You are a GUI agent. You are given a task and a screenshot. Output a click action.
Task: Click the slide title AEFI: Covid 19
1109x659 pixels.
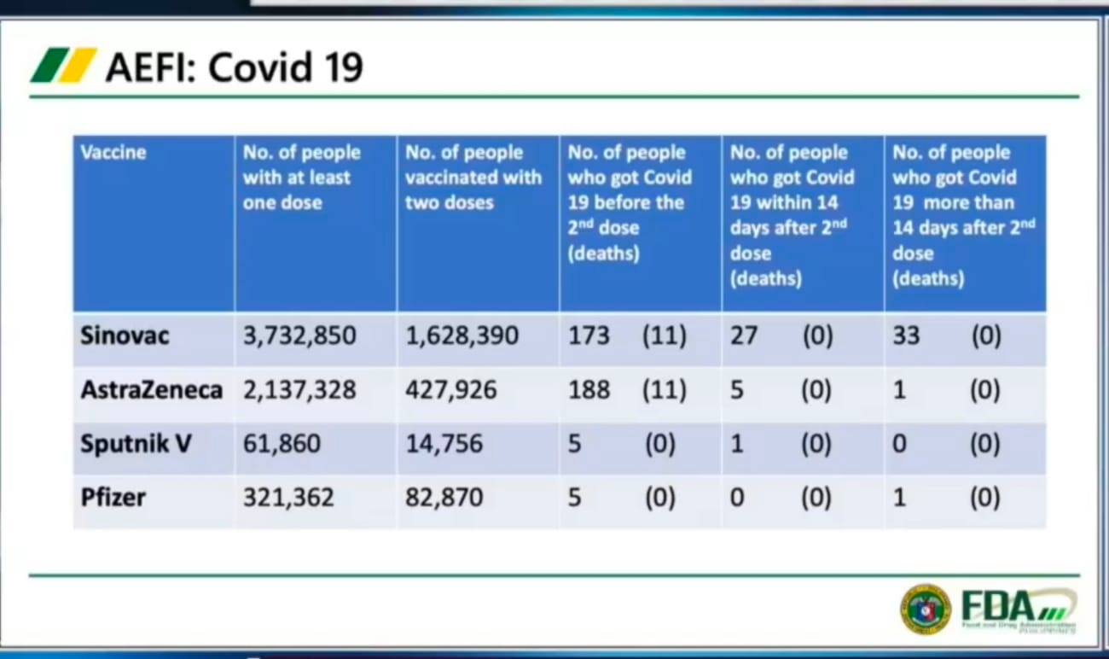pyautogui.click(x=235, y=67)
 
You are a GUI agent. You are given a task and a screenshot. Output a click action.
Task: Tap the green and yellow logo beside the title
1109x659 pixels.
pyautogui.click(x=63, y=65)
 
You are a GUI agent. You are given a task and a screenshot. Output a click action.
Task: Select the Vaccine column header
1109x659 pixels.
pyautogui.click(x=113, y=153)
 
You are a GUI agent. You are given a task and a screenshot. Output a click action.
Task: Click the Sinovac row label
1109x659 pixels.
pyautogui.click(x=125, y=335)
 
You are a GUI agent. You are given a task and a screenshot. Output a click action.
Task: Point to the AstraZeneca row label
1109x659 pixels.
pyautogui.click(x=151, y=390)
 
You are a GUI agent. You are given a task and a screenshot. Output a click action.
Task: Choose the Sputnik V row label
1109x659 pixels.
pyautogui.click(x=136, y=444)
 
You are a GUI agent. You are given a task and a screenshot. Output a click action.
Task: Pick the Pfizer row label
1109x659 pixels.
pyautogui.click(x=113, y=497)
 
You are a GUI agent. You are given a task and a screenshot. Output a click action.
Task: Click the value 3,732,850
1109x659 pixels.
pyautogui.click(x=299, y=335)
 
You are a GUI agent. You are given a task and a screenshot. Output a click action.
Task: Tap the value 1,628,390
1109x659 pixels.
pyautogui.click(x=462, y=335)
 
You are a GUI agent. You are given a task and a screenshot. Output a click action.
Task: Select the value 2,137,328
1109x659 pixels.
pyautogui.click(x=299, y=390)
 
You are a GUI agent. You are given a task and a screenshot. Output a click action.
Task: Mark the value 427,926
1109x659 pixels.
pyautogui.click(x=451, y=390)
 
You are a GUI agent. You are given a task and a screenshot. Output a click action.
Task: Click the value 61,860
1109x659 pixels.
pyautogui.click(x=282, y=444)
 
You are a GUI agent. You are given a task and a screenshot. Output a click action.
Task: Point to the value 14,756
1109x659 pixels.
pyautogui.click(x=444, y=444)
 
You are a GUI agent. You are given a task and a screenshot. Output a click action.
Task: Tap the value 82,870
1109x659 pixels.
pyautogui.click(x=444, y=497)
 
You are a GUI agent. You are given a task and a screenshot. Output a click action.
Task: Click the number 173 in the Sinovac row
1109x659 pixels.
pyautogui.click(x=589, y=335)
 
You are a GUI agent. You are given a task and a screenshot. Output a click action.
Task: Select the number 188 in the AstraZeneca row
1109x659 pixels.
pyautogui.click(x=589, y=390)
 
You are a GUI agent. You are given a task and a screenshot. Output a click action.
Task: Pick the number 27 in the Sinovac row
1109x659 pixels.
pyautogui.click(x=744, y=335)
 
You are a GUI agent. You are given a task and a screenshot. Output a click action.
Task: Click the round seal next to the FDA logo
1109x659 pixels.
pyautogui.click(x=926, y=609)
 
